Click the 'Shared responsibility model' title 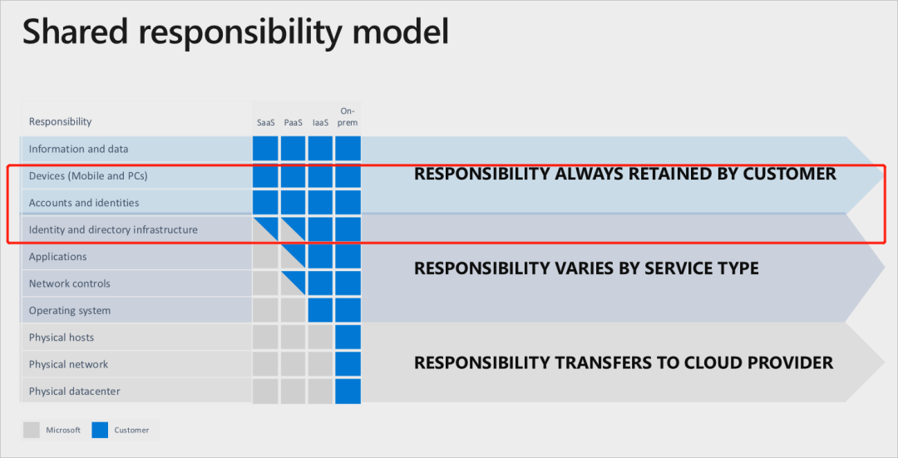tap(235, 32)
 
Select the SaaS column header tap(266, 122)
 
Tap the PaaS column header tap(294, 122)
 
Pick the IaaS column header tap(321, 122)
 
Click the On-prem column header tap(348, 117)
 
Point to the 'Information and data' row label tap(78, 149)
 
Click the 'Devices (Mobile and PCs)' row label tap(88, 175)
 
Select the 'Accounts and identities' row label tap(84, 203)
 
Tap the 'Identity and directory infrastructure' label tap(113, 229)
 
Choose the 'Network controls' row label tap(69, 283)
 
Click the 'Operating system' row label tap(70, 311)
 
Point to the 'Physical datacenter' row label tap(75, 392)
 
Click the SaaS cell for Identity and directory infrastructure tap(265, 229)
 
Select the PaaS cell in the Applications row tap(293, 256)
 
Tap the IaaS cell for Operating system tap(320, 310)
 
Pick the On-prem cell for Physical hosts tap(348, 337)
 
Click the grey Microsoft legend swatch tap(32, 430)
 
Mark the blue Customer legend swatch tap(101, 430)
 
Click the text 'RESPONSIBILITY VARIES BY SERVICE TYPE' tap(586, 268)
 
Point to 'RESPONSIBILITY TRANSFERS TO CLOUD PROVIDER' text tap(624, 362)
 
